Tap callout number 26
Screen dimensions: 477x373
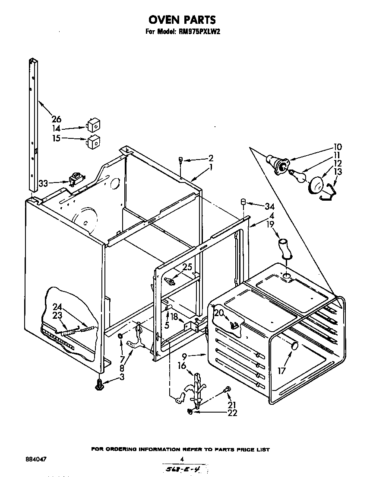click(56, 119)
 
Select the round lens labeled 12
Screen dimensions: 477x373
click(317, 185)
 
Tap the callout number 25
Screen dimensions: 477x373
click(187, 267)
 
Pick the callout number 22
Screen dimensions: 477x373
click(232, 413)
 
